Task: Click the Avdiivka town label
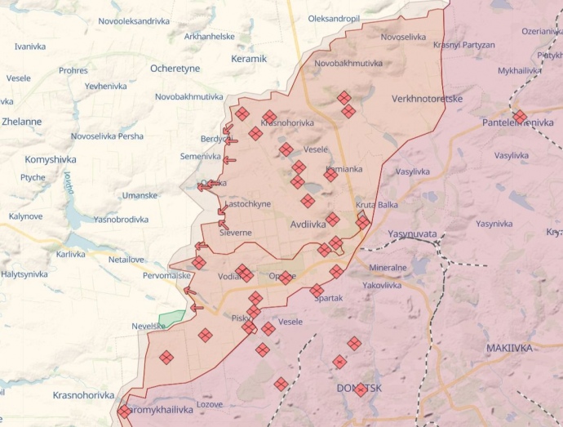tap(308, 223)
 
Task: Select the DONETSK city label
tap(359, 389)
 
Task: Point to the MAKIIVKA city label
tap(509, 348)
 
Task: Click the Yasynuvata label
tap(412, 233)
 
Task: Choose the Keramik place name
tap(249, 59)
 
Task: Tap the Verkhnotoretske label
tap(427, 99)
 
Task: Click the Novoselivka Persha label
tap(107, 136)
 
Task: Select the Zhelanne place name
tap(22, 122)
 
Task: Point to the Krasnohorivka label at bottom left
tap(83, 395)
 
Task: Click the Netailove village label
tap(126, 260)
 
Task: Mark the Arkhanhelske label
tap(210, 37)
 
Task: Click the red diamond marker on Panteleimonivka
tap(520, 117)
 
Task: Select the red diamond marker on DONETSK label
tap(361, 390)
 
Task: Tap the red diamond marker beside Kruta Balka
tap(362, 220)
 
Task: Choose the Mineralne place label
tap(388, 267)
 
